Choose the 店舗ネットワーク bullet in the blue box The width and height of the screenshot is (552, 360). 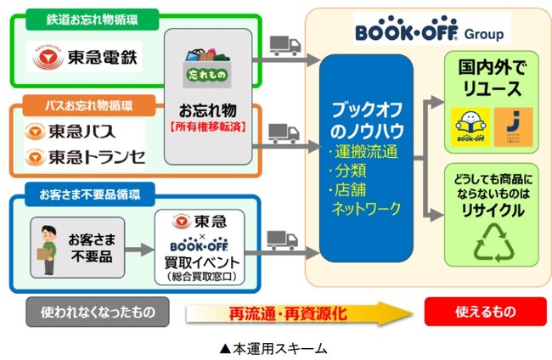click(x=367, y=196)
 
